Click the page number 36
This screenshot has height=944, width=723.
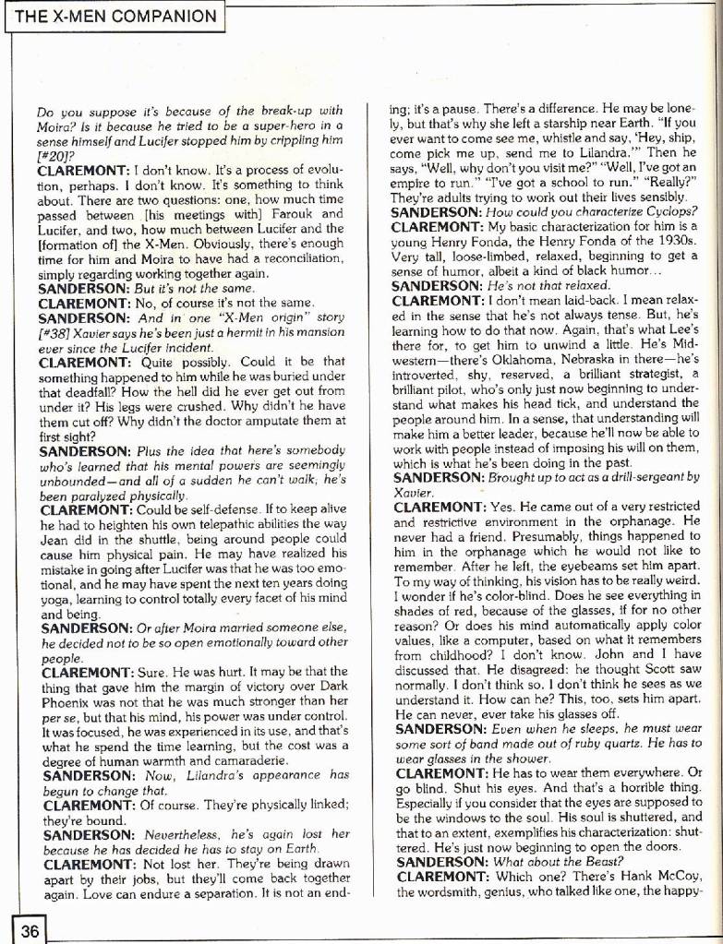click(29, 930)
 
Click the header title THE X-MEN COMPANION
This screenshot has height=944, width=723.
click(114, 17)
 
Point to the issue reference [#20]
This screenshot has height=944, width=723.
click(53, 157)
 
